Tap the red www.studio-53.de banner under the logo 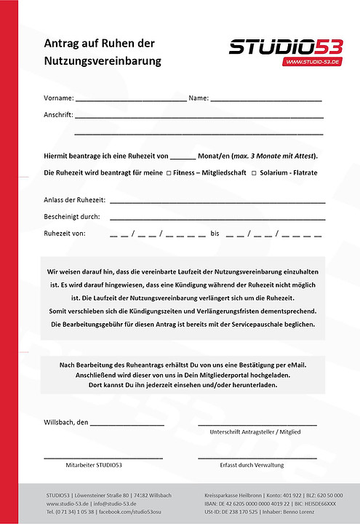313,63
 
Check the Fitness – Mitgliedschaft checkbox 169,173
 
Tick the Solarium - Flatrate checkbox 254,173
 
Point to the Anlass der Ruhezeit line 217,200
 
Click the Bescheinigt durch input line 217,218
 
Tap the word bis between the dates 215,234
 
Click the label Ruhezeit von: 65,234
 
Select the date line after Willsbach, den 127,423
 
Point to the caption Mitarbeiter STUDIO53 94,464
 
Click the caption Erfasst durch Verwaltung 252,464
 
